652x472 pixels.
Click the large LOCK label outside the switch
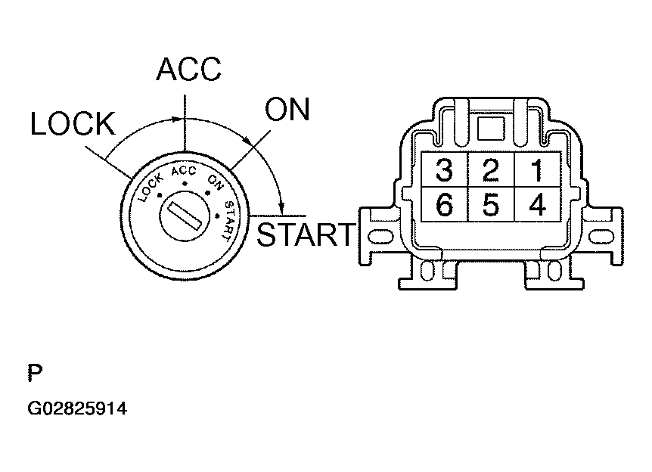(x=73, y=123)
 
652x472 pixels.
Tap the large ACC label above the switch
(x=189, y=69)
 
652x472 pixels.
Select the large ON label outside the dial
(x=287, y=110)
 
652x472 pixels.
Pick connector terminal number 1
(x=538, y=169)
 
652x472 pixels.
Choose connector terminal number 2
(x=491, y=169)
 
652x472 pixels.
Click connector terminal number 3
(x=445, y=169)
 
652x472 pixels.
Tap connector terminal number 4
(x=538, y=204)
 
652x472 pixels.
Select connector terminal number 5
(x=491, y=204)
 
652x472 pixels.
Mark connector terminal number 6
(x=445, y=204)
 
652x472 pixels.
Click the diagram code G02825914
(x=77, y=408)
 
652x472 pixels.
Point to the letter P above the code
(x=35, y=373)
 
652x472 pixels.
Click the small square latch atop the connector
(x=491, y=129)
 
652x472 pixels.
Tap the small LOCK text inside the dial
(x=150, y=188)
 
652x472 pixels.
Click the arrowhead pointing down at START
(x=282, y=207)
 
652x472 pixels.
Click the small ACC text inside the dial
(x=184, y=171)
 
